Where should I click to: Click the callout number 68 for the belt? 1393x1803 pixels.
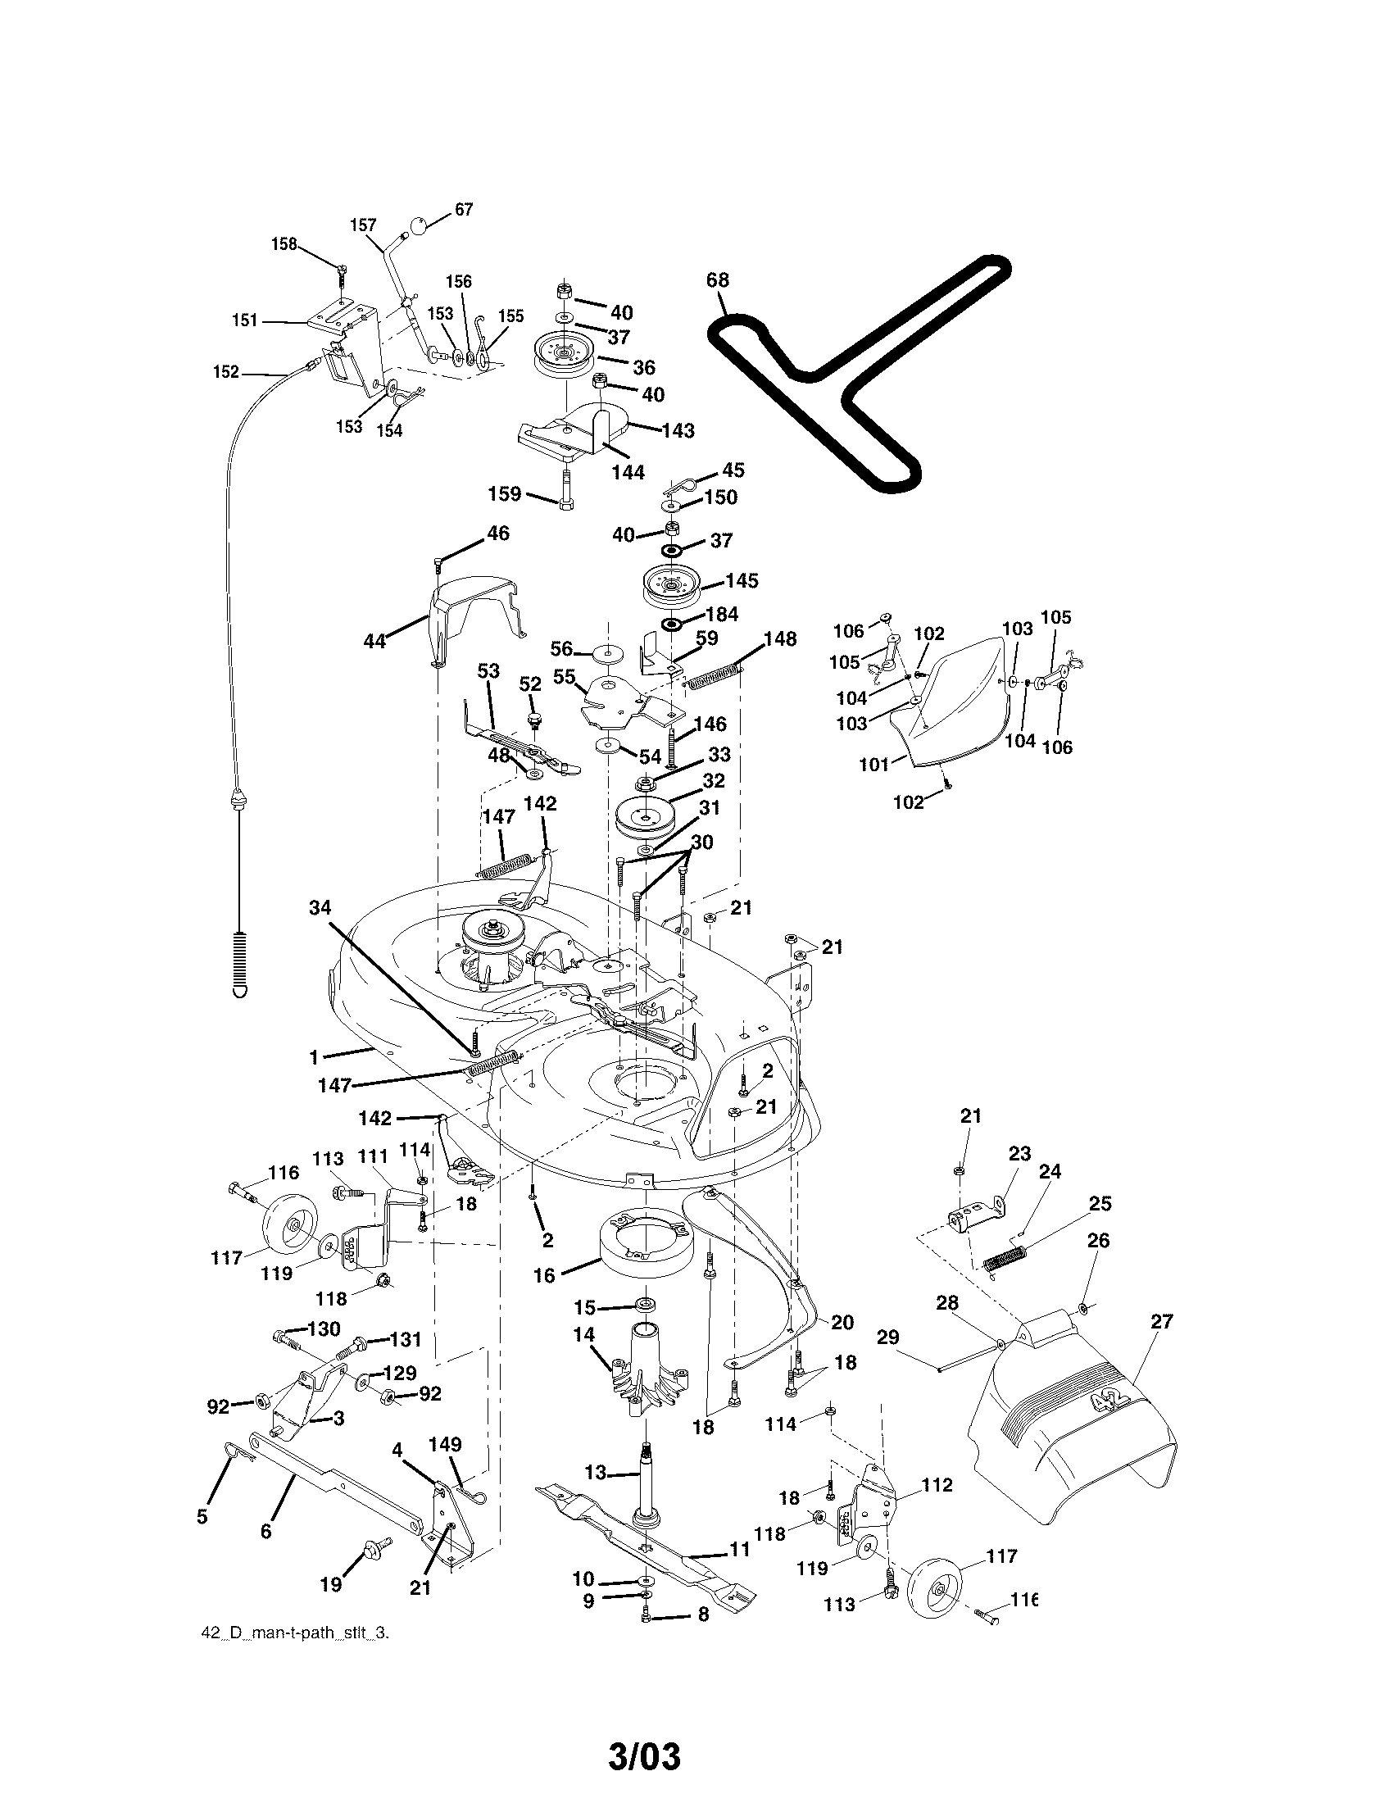717,280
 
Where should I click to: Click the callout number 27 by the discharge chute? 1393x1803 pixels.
1161,1322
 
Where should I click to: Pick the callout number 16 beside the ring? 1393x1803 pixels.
544,1275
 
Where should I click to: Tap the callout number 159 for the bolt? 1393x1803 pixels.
504,493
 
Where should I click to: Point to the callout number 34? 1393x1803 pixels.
320,907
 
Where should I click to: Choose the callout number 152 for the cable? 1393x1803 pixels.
225,372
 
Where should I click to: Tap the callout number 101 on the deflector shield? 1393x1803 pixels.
874,764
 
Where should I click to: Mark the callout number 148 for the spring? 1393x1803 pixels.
780,639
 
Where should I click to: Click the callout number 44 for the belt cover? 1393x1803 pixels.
374,642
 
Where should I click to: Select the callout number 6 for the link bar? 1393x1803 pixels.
265,1532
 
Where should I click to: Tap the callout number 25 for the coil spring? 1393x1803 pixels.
1100,1204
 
